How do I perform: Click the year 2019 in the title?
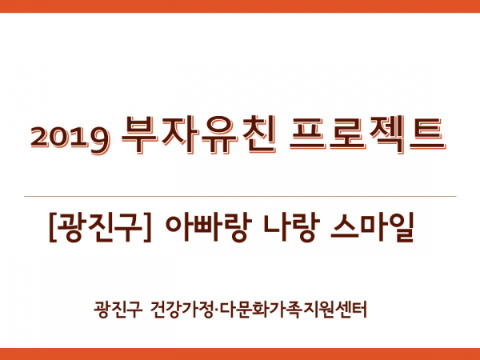tap(70, 138)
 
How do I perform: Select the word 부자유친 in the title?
tap(198, 134)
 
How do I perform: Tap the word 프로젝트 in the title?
tap(367, 134)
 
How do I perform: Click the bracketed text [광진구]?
tap(100, 227)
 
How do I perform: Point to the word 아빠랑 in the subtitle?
tap(209, 227)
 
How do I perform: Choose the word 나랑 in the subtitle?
tap(292, 227)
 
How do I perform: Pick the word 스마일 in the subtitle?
tap(372, 227)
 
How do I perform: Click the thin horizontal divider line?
tap(240, 196)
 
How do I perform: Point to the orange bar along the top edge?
tap(240, 6)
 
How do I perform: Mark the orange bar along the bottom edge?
tap(240, 354)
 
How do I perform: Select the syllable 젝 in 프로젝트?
tap(386, 134)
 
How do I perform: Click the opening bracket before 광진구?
tap(52, 227)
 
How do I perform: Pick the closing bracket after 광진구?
tap(148, 227)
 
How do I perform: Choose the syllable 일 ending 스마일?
tap(401, 227)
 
